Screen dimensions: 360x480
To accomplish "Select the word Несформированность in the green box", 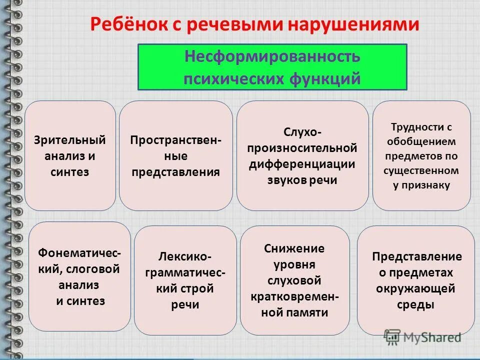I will click(x=272, y=56).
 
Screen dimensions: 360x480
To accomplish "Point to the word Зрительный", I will click(x=70, y=139).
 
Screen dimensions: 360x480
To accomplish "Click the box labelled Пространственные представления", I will click(x=175, y=155).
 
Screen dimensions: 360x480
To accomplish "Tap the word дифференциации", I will click(x=302, y=164).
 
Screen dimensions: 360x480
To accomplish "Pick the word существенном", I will click(x=421, y=170).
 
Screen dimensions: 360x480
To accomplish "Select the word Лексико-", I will click(x=185, y=257).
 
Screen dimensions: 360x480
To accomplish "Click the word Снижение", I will click(x=294, y=248).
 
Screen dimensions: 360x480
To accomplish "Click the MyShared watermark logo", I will click(x=422, y=338).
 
